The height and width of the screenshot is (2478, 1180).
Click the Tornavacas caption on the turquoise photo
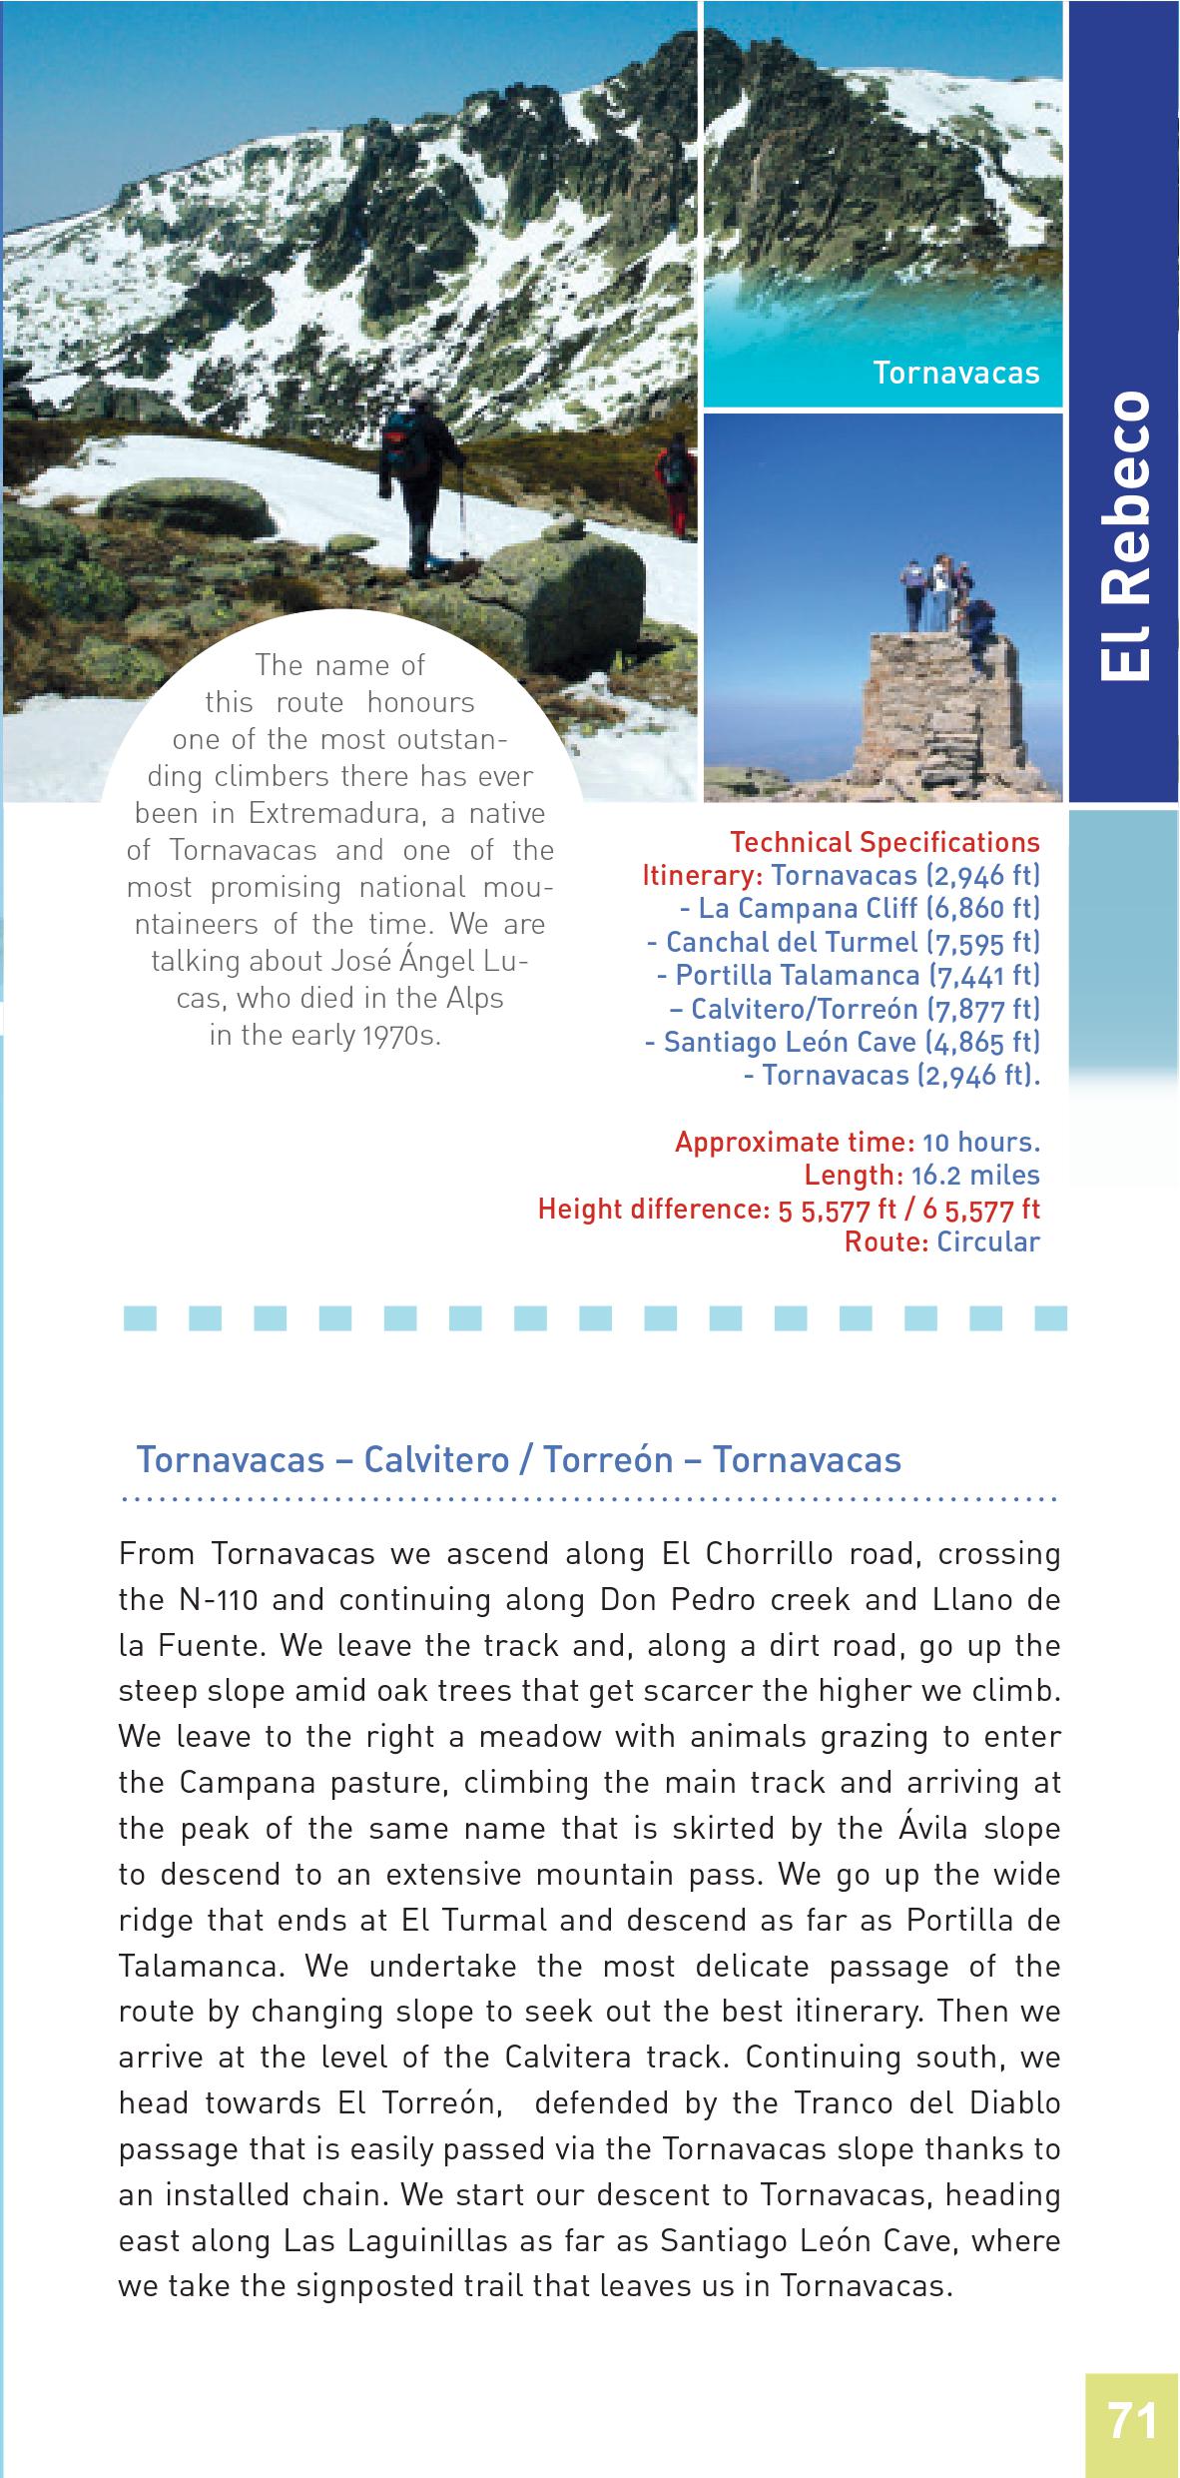tap(955, 373)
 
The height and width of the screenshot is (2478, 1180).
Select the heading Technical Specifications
tap(885, 842)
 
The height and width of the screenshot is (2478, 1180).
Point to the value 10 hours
tap(980, 1141)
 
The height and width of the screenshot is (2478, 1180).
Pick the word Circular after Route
tap(988, 1241)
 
